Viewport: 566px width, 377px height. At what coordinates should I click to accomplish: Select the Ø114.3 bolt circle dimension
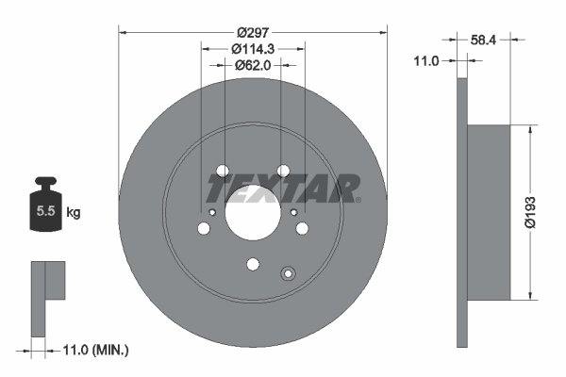pyautogui.click(x=252, y=48)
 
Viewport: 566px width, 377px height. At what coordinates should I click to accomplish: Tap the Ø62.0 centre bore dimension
pyautogui.click(x=252, y=66)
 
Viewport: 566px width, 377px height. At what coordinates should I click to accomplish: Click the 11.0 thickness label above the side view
pyautogui.click(x=428, y=61)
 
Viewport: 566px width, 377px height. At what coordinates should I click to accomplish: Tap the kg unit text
pyautogui.click(x=74, y=213)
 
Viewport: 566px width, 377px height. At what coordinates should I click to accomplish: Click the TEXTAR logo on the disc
pyautogui.click(x=283, y=188)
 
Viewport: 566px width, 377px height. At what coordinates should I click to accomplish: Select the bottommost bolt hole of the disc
pyautogui.click(x=252, y=265)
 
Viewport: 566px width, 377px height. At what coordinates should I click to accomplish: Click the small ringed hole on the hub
pyautogui.click(x=289, y=274)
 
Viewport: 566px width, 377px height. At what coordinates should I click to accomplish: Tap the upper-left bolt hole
pyautogui.click(x=223, y=171)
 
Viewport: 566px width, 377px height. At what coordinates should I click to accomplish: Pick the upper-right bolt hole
pyautogui.click(x=282, y=171)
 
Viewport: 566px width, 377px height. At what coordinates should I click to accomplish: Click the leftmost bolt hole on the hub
pyautogui.click(x=204, y=228)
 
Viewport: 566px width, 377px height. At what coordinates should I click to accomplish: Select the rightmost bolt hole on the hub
pyautogui.click(x=302, y=228)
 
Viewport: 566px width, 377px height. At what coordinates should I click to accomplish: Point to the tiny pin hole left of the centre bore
pyautogui.click(x=213, y=212)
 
